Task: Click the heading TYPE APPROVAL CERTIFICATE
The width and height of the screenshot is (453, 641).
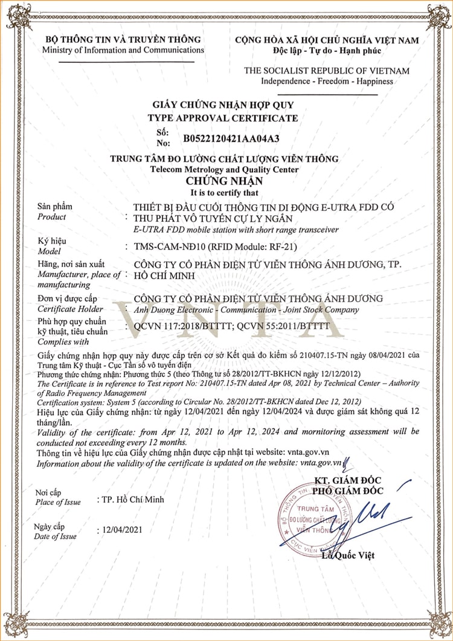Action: click(223, 118)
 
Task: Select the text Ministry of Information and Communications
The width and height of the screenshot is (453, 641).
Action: click(123, 50)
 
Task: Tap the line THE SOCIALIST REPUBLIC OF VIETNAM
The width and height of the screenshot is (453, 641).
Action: click(326, 71)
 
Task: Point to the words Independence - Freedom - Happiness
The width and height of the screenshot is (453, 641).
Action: click(326, 81)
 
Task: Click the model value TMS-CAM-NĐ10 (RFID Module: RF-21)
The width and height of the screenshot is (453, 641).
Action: click(216, 246)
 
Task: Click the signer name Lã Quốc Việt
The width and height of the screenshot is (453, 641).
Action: click(349, 555)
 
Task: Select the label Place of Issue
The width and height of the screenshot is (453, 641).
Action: click(58, 502)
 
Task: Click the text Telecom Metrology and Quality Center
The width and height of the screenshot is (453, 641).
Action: click(224, 170)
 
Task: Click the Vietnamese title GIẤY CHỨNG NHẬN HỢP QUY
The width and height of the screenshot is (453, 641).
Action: click(223, 105)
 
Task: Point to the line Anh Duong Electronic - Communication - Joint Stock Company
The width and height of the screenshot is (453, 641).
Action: click(246, 310)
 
